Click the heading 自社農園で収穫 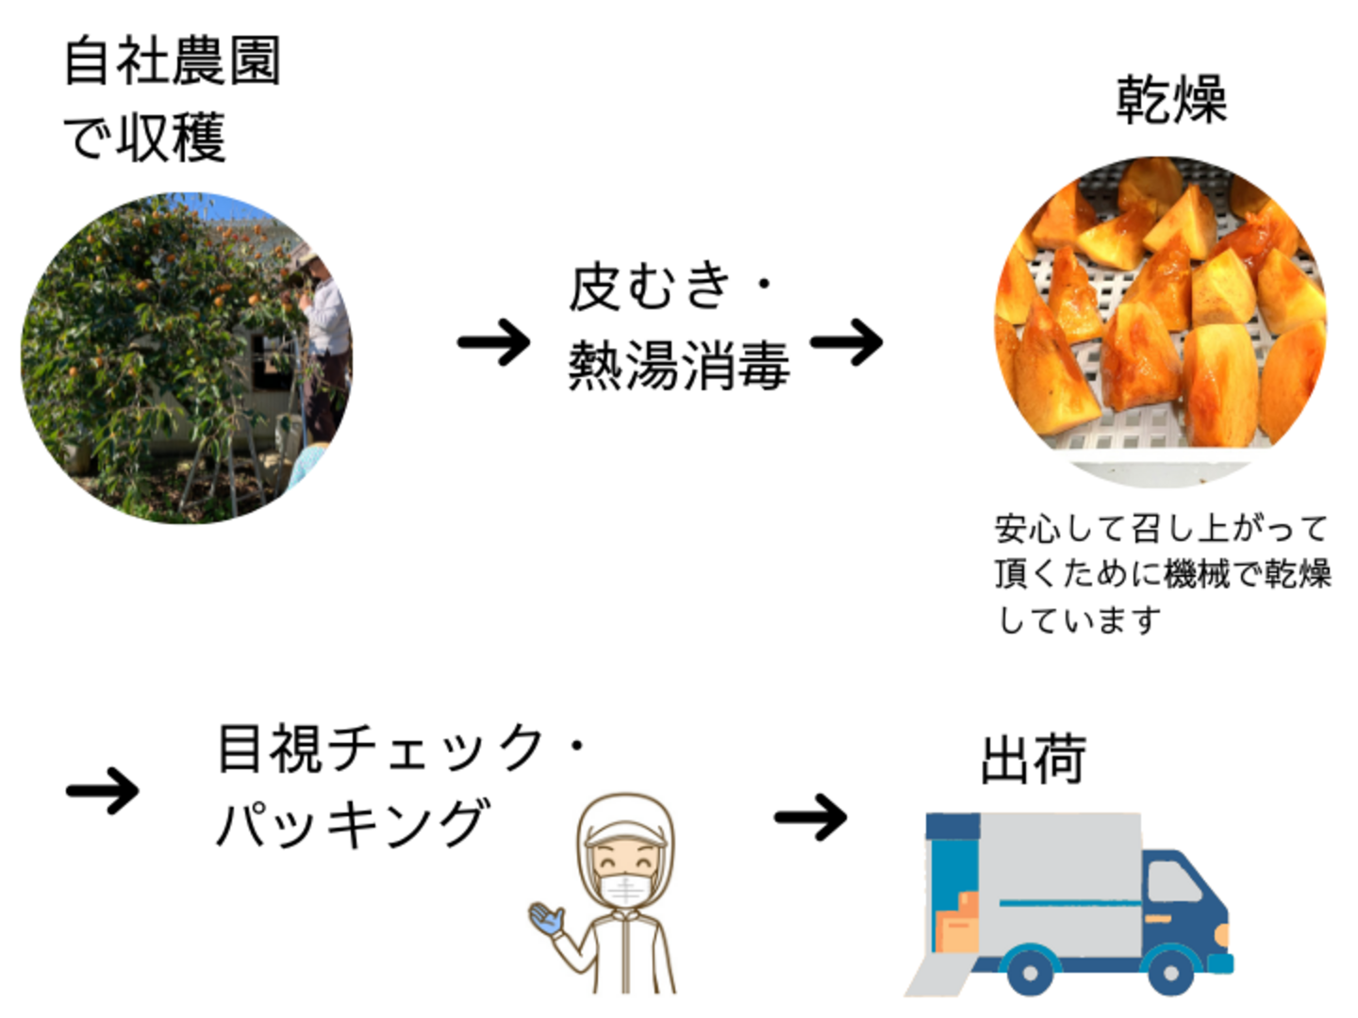[x=172, y=99]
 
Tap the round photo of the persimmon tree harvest [x=187, y=358]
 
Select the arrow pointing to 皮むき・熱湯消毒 [x=493, y=342]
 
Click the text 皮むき [x=650, y=287]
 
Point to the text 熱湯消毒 [x=678, y=366]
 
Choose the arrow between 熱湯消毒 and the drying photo [x=846, y=341]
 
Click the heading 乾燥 [x=1171, y=99]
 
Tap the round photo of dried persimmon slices [x=1161, y=320]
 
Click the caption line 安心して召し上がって [x=1161, y=529]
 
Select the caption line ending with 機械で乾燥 [x=1162, y=573]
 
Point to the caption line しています [x=1080, y=619]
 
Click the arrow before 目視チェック [x=103, y=790]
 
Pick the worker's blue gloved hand [x=547, y=917]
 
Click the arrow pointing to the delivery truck [x=810, y=816]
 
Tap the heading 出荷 [x=1034, y=760]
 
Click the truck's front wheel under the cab [x=1169, y=971]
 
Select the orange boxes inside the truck [x=957, y=922]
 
